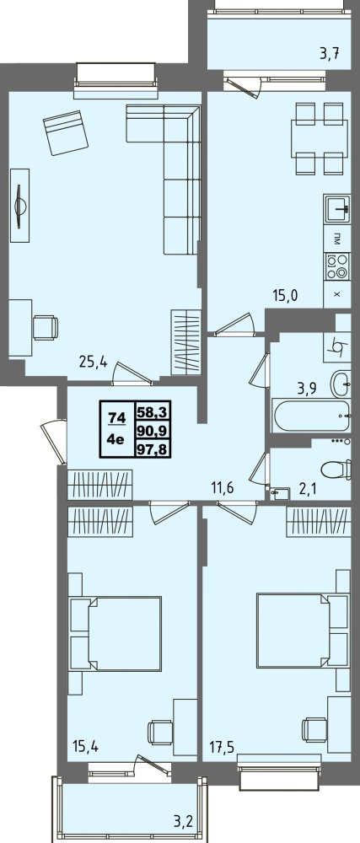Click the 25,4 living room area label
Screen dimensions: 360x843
tap(94, 362)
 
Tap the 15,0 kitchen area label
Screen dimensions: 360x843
tap(284, 294)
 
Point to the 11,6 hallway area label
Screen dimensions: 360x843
tap(225, 487)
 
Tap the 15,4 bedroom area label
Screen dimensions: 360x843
tap(86, 746)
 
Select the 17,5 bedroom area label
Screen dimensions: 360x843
tap(223, 746)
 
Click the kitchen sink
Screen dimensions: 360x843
tap(337, 209)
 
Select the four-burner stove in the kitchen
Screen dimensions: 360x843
tap(337, 266)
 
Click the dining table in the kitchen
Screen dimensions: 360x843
tap(317, 139)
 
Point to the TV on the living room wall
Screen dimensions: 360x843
tap(20, 206)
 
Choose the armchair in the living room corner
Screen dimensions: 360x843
tap(66, 132)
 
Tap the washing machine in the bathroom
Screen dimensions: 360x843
tap(337, 347)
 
